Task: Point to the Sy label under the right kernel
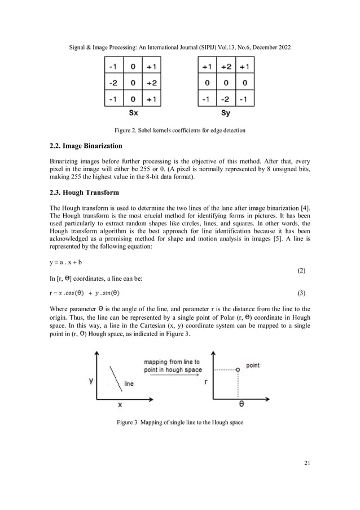[226, 113]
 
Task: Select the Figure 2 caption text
[179, 132]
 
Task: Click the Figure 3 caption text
[179, 422]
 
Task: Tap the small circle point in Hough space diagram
[238, 369]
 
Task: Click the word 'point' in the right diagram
[253, 365]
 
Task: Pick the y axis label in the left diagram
[91, 381]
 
